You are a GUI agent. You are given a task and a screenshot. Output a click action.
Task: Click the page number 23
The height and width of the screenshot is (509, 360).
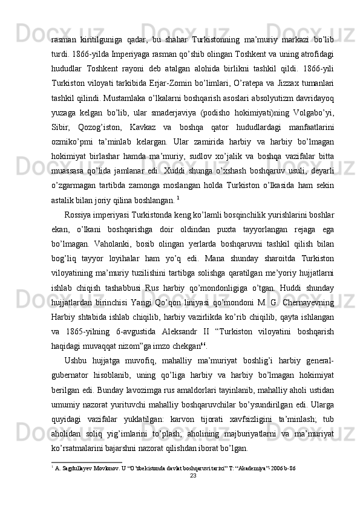click(x=194, y=493)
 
